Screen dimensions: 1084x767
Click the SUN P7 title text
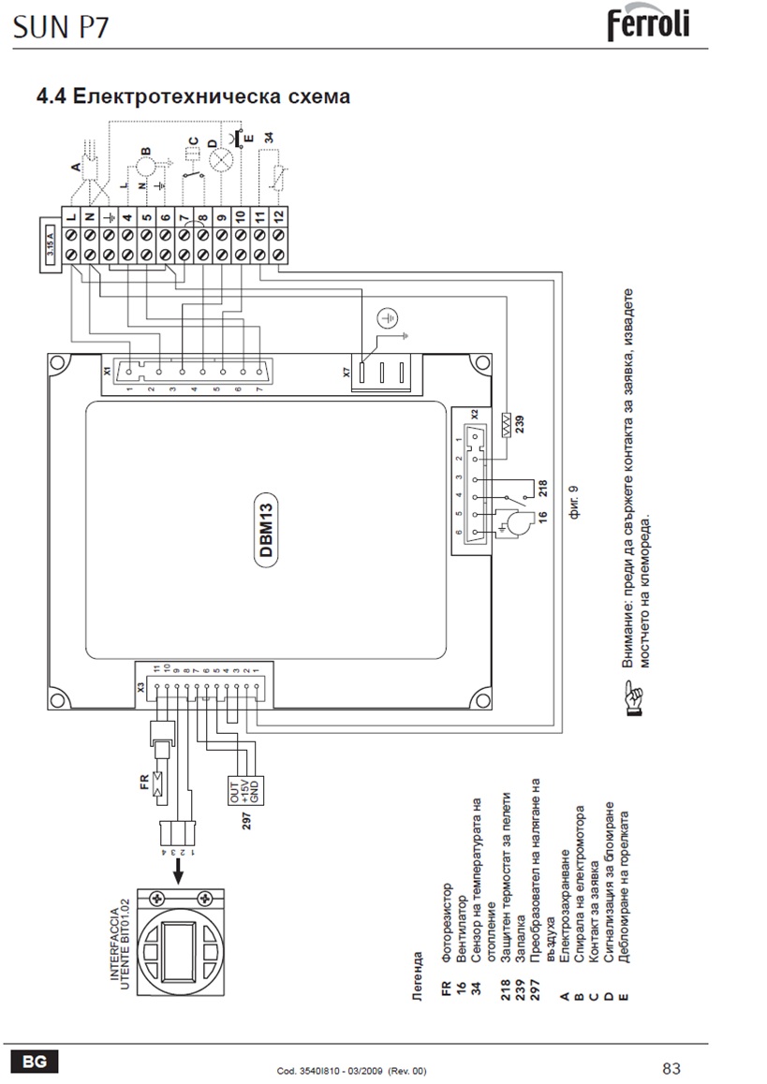(62, 27)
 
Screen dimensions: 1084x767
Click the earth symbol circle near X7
(387, 318)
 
